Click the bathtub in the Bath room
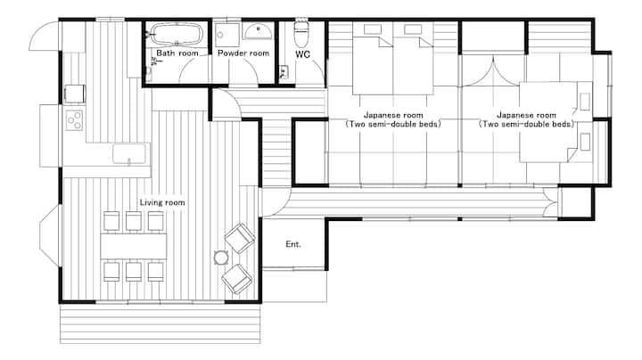tap(177, 34)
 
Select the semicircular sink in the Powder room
tap(257, 31)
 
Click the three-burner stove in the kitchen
tap(74, 120)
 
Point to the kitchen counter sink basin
tap(129, 154)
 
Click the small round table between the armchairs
tap(221, 258)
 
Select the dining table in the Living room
tap(134, 246)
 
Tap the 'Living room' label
tap(162, 202)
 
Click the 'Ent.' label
tap(293, 244)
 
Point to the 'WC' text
tap(302, 54)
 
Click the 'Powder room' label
tap(243, 53)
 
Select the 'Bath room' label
tap(177, 53)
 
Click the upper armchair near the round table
tap(240, 238)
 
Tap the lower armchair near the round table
tap(236, 279)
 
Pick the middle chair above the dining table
tap(134, 221)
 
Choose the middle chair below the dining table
tap(134, 272)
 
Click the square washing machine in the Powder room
tap(227, 35)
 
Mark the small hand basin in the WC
tap(283, 72)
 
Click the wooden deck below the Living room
tap(160, 323)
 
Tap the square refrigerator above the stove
tap(75, 94)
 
